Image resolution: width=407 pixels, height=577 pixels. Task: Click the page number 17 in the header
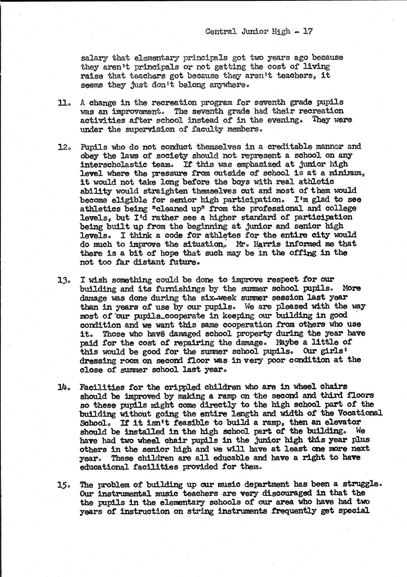click(x=308, y=31)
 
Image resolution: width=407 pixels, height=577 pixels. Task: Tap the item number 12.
click(x=64, y=147)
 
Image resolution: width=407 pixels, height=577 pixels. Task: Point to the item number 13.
click(x=64, y=280)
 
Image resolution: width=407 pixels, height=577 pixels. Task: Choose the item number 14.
click(x=64, y=387)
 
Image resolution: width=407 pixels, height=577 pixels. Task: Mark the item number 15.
click(x=64, y=485)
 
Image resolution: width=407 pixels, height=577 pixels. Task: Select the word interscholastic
click(x=113, y=164)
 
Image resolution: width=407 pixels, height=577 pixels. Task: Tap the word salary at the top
click(x=94, y=58)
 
